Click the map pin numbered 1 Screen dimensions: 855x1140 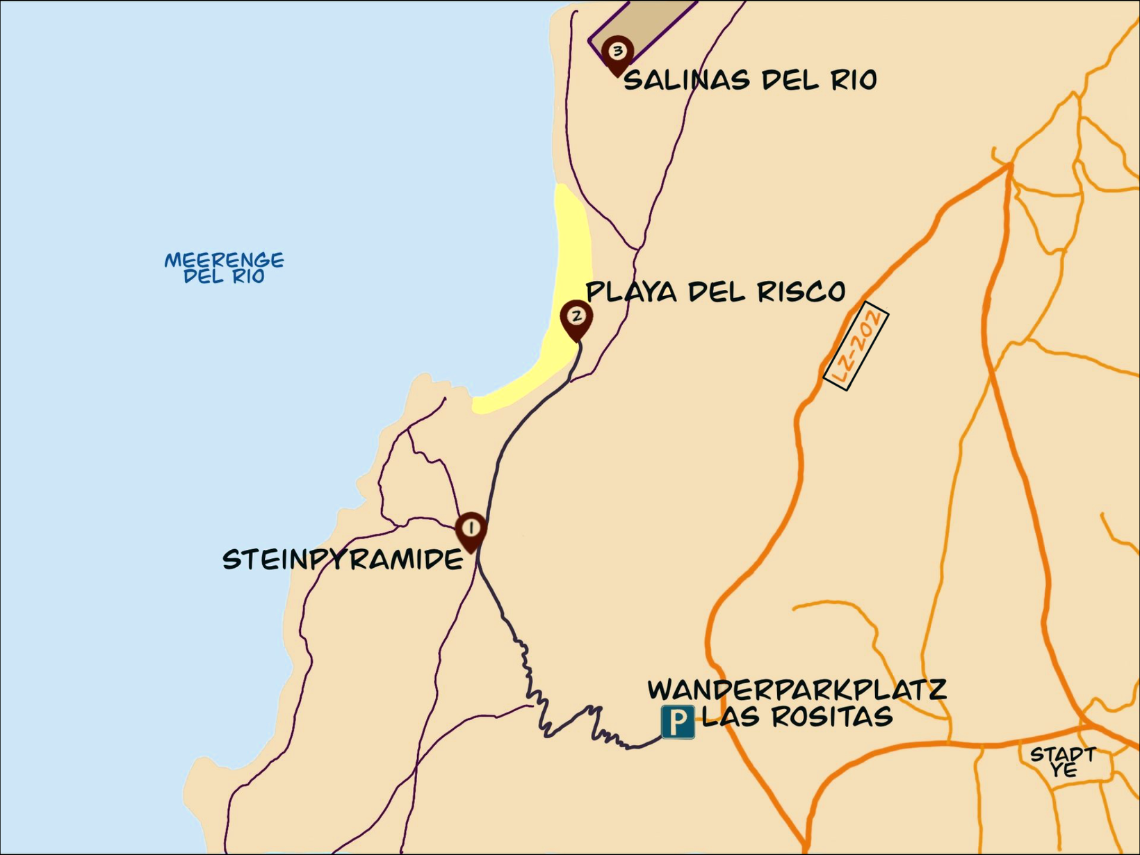(471, 530)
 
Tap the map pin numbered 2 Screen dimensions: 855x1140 (576, 318)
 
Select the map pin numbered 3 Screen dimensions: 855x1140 (617, 52)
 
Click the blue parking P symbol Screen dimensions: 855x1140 (677, 722)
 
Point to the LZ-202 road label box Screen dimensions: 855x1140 (856, 346)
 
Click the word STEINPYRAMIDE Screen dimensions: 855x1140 (343, 560)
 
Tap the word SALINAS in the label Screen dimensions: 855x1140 (687, 80)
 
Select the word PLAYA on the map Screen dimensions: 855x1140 (631, 291)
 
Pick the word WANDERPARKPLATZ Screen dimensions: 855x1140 (797, 690)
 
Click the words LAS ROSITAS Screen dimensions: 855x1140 (797, 717)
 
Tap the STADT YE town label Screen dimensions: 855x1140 (1063, 762)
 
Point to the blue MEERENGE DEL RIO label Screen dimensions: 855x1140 (224, 268)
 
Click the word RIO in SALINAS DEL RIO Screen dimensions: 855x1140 (854, 80)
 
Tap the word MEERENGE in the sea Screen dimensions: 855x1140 (224, 260)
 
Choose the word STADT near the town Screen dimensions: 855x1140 (1063, 754)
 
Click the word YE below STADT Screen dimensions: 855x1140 (1064, 770)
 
